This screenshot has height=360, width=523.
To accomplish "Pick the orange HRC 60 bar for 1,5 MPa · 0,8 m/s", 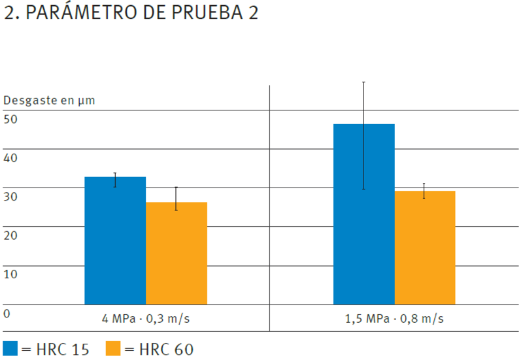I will pyautogui.click(x=424, y=248).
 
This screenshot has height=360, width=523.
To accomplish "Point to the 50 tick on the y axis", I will pyautogui.click(x=10, y=119).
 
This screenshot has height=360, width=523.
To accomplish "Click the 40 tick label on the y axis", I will pyautogui.click(x=10, y=157).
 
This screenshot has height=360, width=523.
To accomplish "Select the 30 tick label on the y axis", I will pyautogui.click(x=10, y=196).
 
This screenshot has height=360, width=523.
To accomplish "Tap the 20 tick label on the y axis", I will pyautogui.click(x=10, y=235).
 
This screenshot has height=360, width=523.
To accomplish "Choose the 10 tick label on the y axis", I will pyautogui.click(x=10, y=274).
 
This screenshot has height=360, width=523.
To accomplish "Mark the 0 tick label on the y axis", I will pyautogui.click(x=7, y=313).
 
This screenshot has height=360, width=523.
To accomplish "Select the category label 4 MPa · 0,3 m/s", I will pyautogui.click(x=146, y=319).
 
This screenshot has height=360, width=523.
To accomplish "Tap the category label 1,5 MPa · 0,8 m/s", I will pyautogui.click(x=394, y=319).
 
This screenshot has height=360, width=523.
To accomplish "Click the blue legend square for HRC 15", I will pyautogui.click(x=10, y=348).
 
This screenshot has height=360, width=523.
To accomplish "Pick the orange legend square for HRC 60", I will pyautogui.click(x=113, y=348).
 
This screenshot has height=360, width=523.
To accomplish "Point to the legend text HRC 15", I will pyautogui.click(x=62, y=349).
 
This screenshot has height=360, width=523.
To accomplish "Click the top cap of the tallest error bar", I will pyautogui.click(x=363, y=82).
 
